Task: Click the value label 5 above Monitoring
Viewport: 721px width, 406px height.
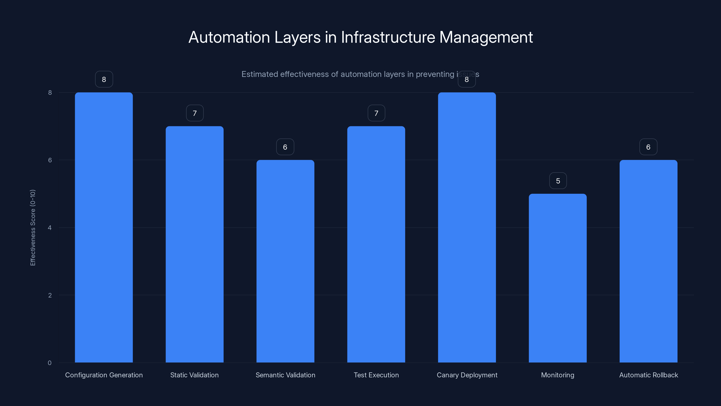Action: click(x=558, y=181)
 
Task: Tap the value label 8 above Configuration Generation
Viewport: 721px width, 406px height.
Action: click(x=104, y=79)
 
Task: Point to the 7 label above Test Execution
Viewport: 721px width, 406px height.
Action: click(x=376, y=113)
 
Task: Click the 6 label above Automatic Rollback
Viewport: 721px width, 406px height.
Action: click(x=648, y=147)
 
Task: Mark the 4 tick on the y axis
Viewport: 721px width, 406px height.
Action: click(x=50, y=228)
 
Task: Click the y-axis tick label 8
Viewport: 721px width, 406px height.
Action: click(x=50, y=92)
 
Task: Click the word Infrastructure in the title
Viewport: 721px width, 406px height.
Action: click(x=388, y=37)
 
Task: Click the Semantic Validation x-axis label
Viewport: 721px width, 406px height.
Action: click(x=285, y=375)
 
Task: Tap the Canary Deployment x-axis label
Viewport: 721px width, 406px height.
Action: click(x=467, y=375)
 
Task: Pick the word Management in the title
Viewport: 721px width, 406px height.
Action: click(x=486, y=37)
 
